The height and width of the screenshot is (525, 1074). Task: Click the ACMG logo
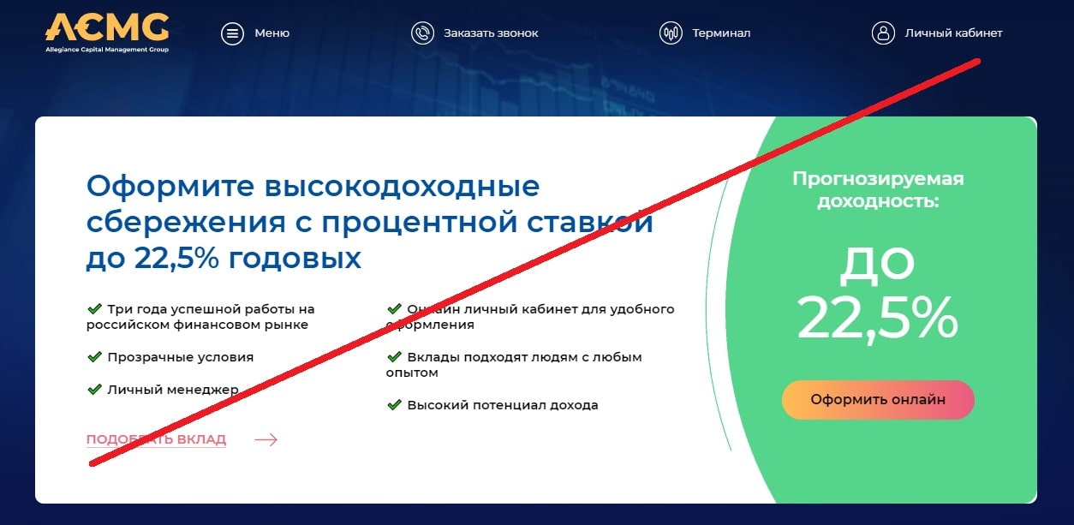coord(107,33)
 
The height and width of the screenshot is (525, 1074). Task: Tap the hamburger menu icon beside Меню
coord(232,33)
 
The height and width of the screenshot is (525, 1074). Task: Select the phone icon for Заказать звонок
coord(422,33)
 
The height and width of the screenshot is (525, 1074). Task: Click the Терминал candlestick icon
coord(671,33)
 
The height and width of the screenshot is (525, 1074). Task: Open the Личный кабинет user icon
coord(883,33)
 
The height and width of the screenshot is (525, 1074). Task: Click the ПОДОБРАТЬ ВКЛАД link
coord(156,439)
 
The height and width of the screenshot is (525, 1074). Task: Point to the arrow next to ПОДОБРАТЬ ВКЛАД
coord(266,439)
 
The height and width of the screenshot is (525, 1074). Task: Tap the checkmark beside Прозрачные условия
coord(95,357)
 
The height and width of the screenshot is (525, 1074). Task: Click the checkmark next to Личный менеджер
coord(95,390)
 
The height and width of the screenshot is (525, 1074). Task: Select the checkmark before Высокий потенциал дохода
coord(394,405)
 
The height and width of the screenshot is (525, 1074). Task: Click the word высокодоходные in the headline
coord(402,186)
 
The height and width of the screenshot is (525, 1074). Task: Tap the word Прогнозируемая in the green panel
coord(878,179)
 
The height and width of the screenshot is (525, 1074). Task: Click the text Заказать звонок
coord(491,33)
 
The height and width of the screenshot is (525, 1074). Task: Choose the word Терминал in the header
coord(721,33)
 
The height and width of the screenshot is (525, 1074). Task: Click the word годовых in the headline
coord(295,259)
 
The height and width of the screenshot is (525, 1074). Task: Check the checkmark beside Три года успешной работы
coord(95,309)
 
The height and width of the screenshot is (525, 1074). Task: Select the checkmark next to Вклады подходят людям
coord(394,357)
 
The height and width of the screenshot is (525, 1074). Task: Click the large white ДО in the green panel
coord(877,265)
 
